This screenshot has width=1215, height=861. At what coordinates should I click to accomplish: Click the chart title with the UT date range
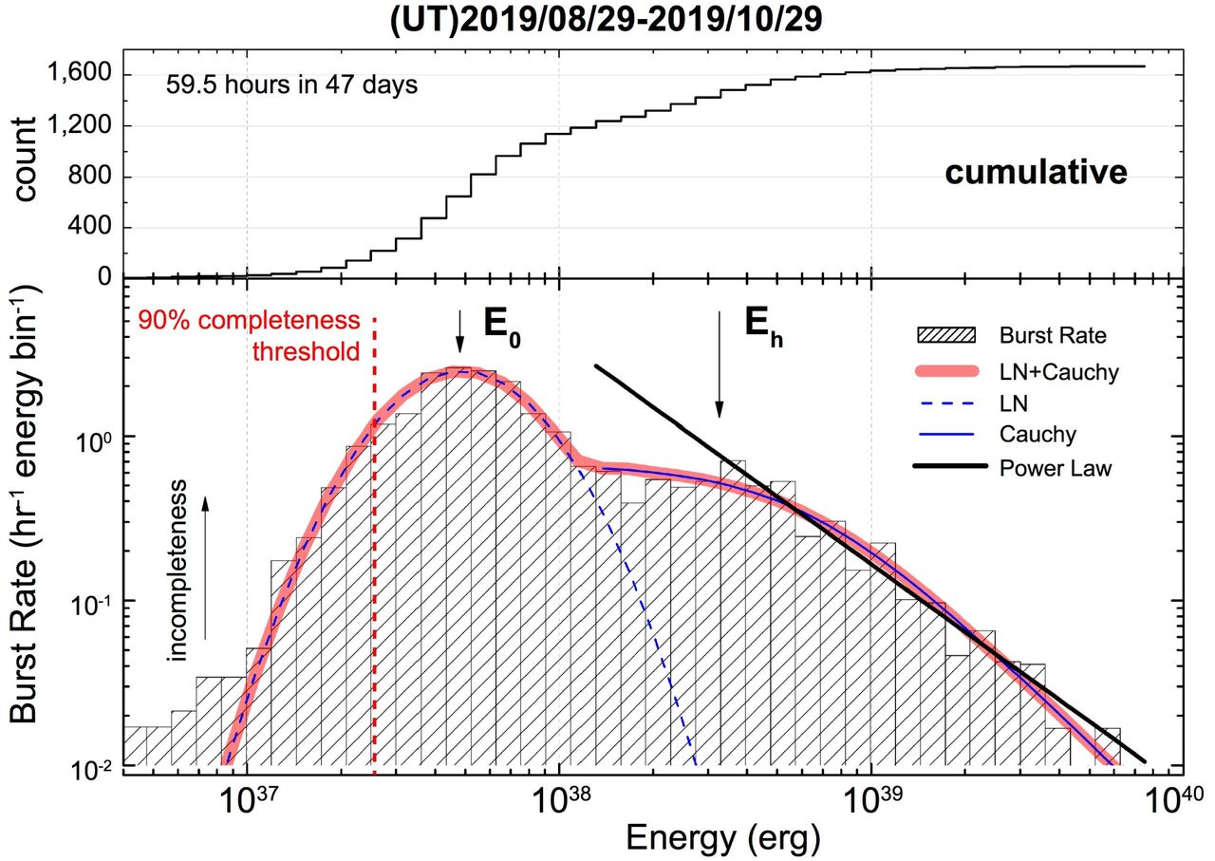[x=606, y=20]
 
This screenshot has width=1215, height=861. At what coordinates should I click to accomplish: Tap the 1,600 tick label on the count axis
[x=79, y=71]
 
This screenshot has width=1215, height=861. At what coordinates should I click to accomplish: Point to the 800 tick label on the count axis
[x=89, y=177]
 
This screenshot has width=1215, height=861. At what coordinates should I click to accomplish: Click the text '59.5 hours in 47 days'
[x=291, y=85]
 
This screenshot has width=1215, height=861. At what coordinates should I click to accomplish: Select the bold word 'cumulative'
[x=1036, y=173]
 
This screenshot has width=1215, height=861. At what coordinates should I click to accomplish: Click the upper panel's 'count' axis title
[x=24, y=159]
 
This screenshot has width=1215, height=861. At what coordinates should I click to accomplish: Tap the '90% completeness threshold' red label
[x=249, y=336]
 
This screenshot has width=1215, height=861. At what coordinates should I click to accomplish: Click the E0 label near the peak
[x=502, y=329]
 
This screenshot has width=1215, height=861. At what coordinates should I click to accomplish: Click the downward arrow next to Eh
[x=720, y=365]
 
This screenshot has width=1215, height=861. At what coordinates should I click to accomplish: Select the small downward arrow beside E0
[x=460, y=331]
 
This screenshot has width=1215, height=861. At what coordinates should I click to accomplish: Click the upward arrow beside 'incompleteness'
[x=205, y=569]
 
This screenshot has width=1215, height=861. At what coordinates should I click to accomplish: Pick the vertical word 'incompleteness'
[x=178, y=571]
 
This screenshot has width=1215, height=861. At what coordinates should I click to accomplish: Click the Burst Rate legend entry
[x=1012, y=335]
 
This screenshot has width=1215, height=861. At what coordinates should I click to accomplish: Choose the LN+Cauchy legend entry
[x=1018, y=372]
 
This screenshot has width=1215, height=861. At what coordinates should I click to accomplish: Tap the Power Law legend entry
[x=1013, y=468]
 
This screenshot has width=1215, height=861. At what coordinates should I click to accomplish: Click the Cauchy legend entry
[x=997, y=434]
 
